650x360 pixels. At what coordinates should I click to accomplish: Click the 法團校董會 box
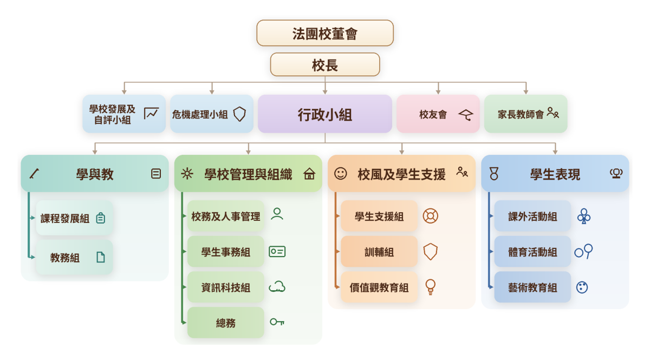(x=325, y=33)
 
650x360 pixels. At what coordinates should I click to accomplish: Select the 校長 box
(x=325, y=64)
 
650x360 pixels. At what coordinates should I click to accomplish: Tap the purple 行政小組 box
(x=325, y=114)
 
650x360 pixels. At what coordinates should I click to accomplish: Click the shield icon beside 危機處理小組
(x=239, y=114)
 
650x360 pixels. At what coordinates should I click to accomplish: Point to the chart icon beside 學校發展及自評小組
(x=151, y=114)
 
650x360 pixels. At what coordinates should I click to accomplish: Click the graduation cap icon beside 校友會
(x=466, y=115)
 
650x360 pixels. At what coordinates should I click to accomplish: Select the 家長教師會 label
(x=521, y=115)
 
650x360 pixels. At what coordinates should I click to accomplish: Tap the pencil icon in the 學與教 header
(x=34, y=174)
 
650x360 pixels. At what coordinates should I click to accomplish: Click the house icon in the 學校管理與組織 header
(x=309, y=174)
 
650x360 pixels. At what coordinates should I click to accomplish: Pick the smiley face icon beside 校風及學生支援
(x=340, y=173)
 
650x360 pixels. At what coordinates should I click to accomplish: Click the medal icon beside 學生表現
(x=494, y=173)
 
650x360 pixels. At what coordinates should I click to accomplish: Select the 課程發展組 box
(x=74, y=218)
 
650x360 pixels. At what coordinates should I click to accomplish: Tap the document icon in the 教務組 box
(x=100, y=257)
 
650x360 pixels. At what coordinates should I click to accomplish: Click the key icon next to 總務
(x=277, y=322)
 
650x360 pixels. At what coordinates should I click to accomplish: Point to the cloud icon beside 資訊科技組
(x=277, y=286)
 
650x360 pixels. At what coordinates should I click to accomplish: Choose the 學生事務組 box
(x=226, y=252)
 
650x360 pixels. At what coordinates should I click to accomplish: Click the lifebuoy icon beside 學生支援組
(x=430, y=216)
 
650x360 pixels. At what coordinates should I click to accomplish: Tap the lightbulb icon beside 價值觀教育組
(x=430, y=287)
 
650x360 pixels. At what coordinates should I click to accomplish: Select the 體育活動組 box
(x=532, y=252)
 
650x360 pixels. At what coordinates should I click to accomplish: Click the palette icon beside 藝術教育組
(x=582, y=287)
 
